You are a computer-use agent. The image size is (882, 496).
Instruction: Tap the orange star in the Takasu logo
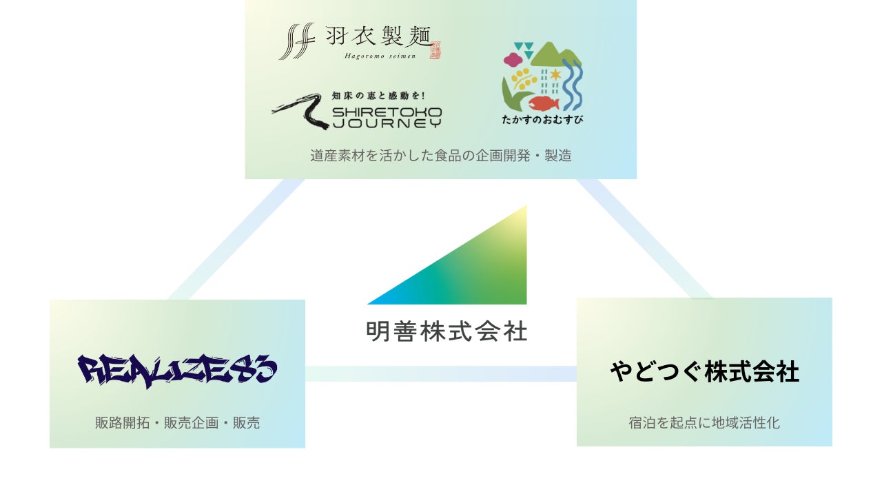click(x=555, y=74)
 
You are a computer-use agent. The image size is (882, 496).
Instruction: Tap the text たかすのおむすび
click(x=543, y=119)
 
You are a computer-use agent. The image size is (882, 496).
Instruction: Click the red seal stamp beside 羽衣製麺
click(x=434, y=50)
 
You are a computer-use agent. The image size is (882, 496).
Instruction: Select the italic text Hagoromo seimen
click(x=380, y=56)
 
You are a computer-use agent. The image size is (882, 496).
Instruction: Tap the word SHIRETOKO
click(x=387, y=112)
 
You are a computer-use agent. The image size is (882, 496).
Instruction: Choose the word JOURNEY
click(x=387, y=123)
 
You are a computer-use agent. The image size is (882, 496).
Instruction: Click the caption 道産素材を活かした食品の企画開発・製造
click(x=440, y=156)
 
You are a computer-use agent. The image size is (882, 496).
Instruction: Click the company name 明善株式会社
click(x=447, y=331)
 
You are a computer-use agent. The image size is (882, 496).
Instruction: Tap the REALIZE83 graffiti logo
click(x=177, y=371)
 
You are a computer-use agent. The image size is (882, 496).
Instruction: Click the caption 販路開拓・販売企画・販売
click(x=177, y=423)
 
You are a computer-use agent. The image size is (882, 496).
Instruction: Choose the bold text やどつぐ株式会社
click(x=704, y=372)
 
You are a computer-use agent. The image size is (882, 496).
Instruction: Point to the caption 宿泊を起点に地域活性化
click(x=704, y=422)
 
